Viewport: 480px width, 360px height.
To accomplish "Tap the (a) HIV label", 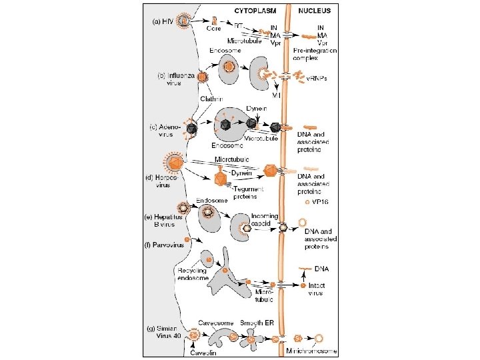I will pyautogui.click(x=165, y=21).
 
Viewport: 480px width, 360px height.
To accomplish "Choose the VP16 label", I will pyautogui.click(x=321, y=201).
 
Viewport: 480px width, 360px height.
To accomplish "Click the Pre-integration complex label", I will pyautogui.click(x=319, y=54).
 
